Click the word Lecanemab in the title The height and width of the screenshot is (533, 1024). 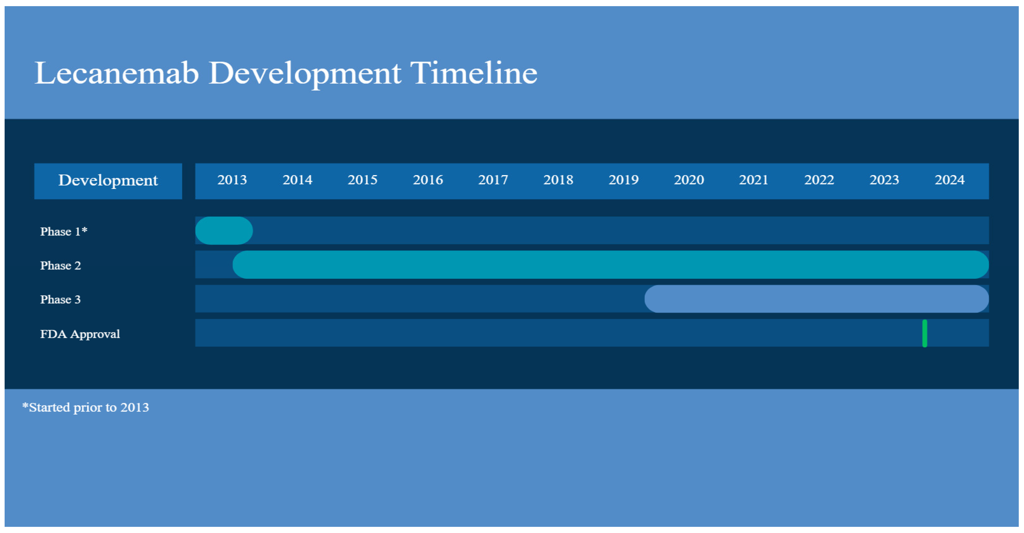pyautogui.click(x=117, y=73)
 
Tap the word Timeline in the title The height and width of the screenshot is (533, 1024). pyautogui.click(x=474, y=73)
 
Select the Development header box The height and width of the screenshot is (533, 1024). pyautogui.click(x=108, y=181)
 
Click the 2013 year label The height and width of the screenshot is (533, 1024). pyautogui.click(x=232, y=180)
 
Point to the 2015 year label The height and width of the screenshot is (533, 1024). pyautogui.click(x=362, y=180)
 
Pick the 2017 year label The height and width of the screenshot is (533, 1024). pyautogui.click(x=493, y=180)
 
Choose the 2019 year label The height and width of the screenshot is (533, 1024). pyautogui.click(x=624, y=180)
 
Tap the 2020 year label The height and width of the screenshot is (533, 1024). pyautogui.click(x=689, y=180)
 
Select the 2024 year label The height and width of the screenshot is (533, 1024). pyautogui.click(x=950, y=180)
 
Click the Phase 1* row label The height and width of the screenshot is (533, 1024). pyautogui.click(x=64, y=231)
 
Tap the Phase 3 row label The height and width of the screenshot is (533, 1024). pyautogui.click(x=60, y=299)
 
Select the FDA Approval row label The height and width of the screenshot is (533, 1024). pyautogui.click(x=80, y=334)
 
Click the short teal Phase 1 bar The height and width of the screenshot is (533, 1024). pyautogui.click(x=224, y=230)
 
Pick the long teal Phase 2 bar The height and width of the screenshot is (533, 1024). pyautogui.click(x=610, y=265)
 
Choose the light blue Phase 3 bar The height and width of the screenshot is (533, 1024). pyautogui.click(x=817, y=299)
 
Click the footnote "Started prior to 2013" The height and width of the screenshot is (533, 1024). pyautogui.click(x=86, y=407)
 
